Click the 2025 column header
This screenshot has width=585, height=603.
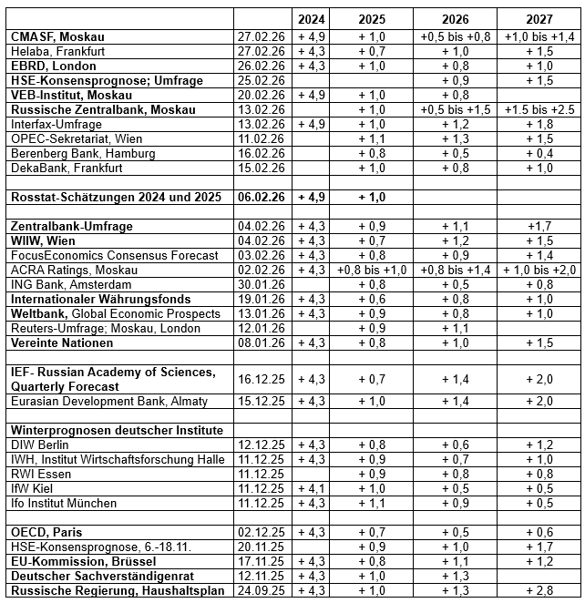point(372,19)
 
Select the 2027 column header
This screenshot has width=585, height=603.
point(539,19)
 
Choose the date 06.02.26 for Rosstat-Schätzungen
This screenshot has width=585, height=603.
point(261,197)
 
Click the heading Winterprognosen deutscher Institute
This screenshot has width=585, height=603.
point(118,430)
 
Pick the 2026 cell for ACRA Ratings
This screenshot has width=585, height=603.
point(455,270)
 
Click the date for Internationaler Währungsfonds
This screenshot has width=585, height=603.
point(261,299)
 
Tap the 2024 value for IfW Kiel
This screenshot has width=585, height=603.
point(313,488)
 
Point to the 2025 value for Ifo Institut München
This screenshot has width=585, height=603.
point(372,503)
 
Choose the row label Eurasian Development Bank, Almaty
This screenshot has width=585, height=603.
point(109,401)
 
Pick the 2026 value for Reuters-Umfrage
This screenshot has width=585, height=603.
point(455,328)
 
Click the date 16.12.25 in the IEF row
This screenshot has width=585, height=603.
point(261,379)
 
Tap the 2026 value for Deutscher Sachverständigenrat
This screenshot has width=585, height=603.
point(455,576)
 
